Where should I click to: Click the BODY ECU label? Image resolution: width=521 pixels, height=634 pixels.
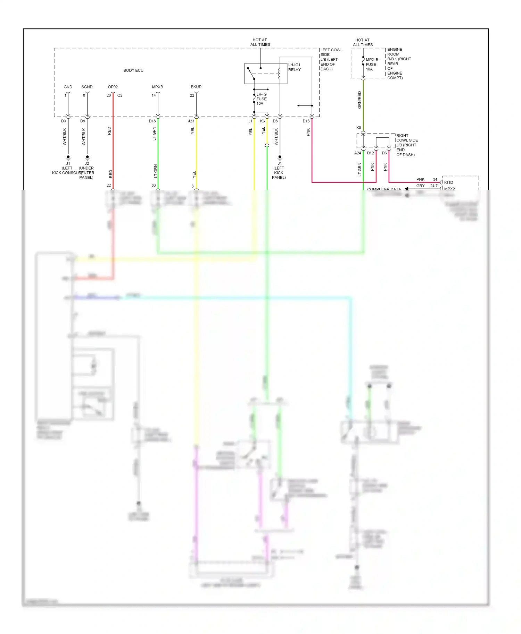click(133, 70)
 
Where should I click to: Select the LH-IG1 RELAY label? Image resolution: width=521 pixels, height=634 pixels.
click(294, 67)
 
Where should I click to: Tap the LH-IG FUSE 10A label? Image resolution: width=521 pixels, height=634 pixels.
click(261, 99)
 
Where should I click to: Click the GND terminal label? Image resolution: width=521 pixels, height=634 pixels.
click(68, 87)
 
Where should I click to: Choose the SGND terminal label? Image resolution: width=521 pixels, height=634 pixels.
click(87, 87)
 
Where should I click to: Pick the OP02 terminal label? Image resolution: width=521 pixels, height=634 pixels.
click(113, 87)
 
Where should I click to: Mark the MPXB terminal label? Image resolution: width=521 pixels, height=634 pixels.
click(157, 87)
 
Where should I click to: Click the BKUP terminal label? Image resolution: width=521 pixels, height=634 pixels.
click(196, 87)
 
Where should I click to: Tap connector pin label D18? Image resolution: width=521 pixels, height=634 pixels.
click(152, 121)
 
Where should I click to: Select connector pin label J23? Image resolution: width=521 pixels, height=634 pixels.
click(191, 121)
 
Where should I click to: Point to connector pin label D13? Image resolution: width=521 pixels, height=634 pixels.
click(306, 121)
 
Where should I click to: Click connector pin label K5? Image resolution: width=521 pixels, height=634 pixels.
click(358, 128)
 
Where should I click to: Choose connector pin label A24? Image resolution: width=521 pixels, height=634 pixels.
click(357, 153)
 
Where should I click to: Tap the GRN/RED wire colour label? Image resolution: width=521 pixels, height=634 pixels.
click(359, 100)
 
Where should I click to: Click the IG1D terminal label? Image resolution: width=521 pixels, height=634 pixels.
click(448, 182)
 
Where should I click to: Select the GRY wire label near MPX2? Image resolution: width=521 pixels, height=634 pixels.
click(420, 186)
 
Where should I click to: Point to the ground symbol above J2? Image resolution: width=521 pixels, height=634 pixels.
click(87, 157)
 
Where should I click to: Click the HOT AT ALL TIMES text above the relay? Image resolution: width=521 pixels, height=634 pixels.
click(260, 42)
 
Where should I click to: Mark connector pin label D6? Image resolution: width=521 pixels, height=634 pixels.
click(384, 153)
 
